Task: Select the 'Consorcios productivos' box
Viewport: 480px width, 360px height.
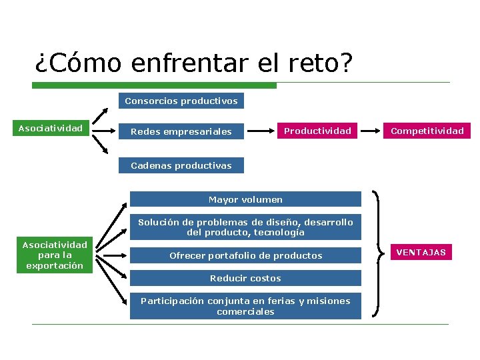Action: pyautogui.click(x=181, y=101)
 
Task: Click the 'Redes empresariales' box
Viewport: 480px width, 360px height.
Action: pyautogui.click(x=181, y=132)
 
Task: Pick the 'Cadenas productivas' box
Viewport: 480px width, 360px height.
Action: pyautogui.click(x=181, y=165)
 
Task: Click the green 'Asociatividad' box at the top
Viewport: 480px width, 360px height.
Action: pyautogui.click(x=51, y=128)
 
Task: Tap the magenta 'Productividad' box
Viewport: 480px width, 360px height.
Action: pyautogui.click(x=317, y=131)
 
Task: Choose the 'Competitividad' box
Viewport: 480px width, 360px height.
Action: pyautogui.click(x=427, y=131)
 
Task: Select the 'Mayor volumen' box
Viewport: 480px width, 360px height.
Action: pyautogui.click(x=245, y=199)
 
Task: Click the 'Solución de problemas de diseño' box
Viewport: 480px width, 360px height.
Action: pyautogui.click(x=245, y=227)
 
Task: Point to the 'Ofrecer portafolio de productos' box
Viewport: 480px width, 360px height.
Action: pyautogui.click(x=245, y=255)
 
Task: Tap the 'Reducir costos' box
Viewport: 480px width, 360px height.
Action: pyautogui.click(x=245, y=278)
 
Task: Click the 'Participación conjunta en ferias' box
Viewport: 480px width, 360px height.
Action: pyautogui.click(x=245, y=306)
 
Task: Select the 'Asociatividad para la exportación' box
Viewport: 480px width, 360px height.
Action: pyautogui.click(x=55, y=255)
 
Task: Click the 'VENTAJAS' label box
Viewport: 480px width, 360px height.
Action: pyautogui.click(x=421, y=252)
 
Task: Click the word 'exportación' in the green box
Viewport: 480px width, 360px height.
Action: pyautogui.click(x=55, y=266)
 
